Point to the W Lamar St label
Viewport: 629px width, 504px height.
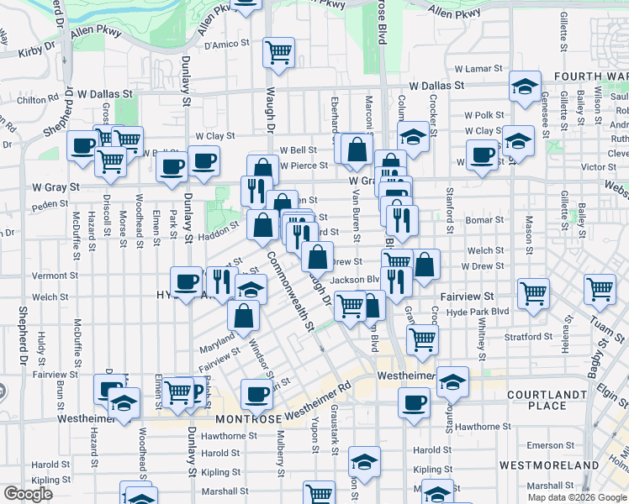coord(478,69)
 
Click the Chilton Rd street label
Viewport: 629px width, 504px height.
coord(37,100)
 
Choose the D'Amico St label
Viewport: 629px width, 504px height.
coord(222,45)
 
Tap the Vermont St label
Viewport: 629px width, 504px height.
coord(55,276)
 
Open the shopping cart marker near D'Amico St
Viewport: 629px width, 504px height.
coord(278,52)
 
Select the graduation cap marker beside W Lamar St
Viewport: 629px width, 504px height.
coord(525,86)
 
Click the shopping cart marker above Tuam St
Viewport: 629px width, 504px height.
coord(600,290)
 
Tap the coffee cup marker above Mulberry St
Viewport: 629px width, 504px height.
coord(256,393)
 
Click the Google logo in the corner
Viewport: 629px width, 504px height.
coord(28,494)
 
